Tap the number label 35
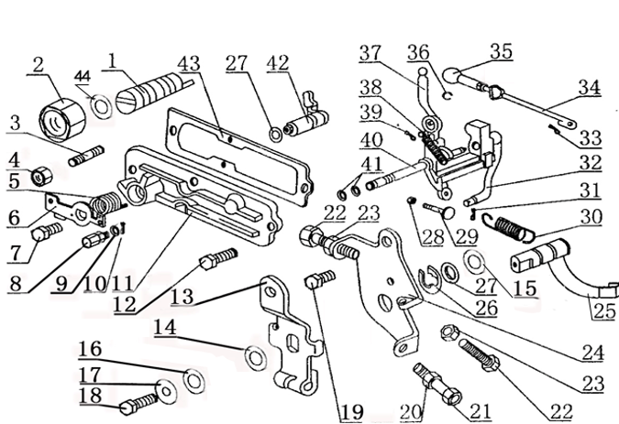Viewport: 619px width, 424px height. (500, 52)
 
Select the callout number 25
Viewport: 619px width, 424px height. (602, 310)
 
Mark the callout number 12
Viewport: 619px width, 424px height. (124, 303)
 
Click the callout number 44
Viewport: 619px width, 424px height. (83, 75)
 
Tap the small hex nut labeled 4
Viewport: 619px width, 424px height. (40, 173)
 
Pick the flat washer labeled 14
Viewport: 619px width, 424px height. (257, 354)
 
